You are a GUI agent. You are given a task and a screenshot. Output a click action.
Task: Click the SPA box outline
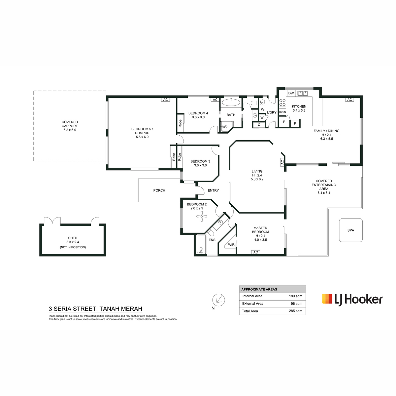click(339, 230)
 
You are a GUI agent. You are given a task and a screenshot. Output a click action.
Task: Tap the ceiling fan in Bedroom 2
click(202, 216)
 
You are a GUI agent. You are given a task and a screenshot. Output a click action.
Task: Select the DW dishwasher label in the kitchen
click(291, 93)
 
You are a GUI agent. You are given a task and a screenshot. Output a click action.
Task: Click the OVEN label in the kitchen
click(282, 112)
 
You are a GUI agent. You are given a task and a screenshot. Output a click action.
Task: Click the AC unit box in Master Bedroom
click(255, 252)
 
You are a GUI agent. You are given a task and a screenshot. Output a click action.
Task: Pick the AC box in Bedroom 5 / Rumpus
click(165, 100)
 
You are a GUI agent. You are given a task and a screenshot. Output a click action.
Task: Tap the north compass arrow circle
click(219, 300)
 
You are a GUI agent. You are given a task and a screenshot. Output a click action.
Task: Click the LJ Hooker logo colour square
click(327, 299)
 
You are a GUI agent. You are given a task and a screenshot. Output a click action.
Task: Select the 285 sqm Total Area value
click(295, 311)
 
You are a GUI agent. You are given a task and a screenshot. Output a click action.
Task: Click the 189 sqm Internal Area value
click(295, 296)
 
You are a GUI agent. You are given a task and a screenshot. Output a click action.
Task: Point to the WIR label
click(231, 245)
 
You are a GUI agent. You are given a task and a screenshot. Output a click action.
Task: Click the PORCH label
click(159, 190)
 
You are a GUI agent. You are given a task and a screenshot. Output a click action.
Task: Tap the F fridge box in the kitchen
click(295, 123)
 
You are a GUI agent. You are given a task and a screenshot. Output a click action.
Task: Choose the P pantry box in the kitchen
click(284, 122)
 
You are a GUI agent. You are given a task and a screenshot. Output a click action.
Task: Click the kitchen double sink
click(303, 93)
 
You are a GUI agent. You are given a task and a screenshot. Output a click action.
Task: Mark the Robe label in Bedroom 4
click(180, 123)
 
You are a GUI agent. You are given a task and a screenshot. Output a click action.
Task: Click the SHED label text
click(73, 238)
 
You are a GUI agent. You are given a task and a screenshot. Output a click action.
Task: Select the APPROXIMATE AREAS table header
click(259, 289)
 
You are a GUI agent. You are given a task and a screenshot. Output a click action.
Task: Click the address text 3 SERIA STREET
click(72, 309)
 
